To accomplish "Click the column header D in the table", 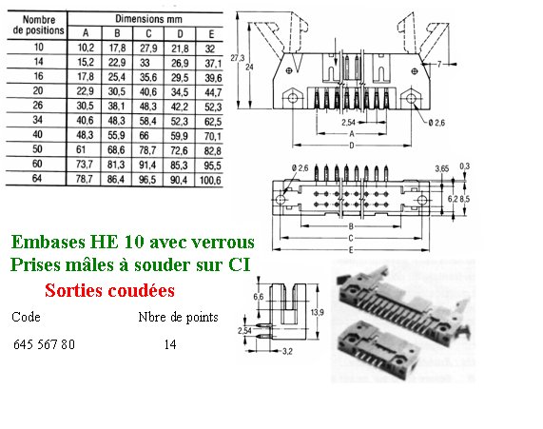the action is click(x=180, y=34).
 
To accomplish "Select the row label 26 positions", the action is click(x=37, y=105).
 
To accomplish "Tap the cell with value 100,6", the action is click(x=210, y=180).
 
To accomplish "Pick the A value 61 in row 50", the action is click(x=81, y=149).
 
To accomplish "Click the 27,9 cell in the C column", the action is click(x=148, y=49).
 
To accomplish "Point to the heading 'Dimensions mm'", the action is click(x=148, y=19).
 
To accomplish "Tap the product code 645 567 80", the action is click(x=44, y=344).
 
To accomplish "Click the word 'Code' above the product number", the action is click(x=26, y=317).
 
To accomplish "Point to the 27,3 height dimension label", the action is click(x=237, y=58).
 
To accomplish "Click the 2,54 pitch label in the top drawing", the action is click(x=348, y=123).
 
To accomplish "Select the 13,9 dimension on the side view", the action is click(x=317, y=312).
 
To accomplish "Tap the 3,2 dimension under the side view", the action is click(x=287, y=351).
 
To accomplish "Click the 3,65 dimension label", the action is click(x=442, y=168).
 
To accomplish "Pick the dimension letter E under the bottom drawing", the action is click(x=351, y=250).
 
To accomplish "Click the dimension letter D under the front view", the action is click(x=352, y=146).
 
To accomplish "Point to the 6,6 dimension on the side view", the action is click(x=259, y=297).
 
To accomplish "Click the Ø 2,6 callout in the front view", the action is click(x=436, y=123).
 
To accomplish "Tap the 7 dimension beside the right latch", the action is click(x=439, y=64).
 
